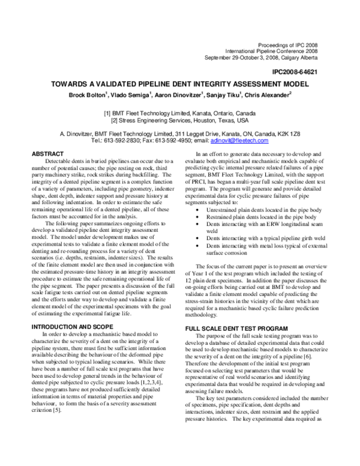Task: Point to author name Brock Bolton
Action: click(x=88, y=95)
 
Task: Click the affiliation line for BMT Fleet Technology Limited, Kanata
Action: click(x=180, y=112)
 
